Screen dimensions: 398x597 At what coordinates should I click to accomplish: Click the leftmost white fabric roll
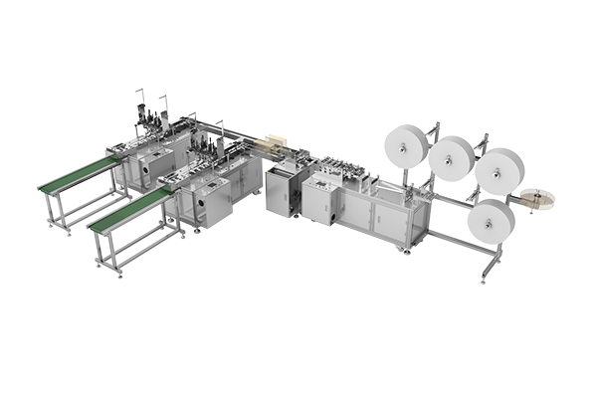pos(407,145)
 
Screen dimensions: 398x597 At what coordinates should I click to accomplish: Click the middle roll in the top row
pos(453,157)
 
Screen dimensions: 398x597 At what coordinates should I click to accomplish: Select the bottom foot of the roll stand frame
pos(485,276)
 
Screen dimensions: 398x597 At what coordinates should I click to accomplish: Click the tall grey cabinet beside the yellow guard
pos(284,188)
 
